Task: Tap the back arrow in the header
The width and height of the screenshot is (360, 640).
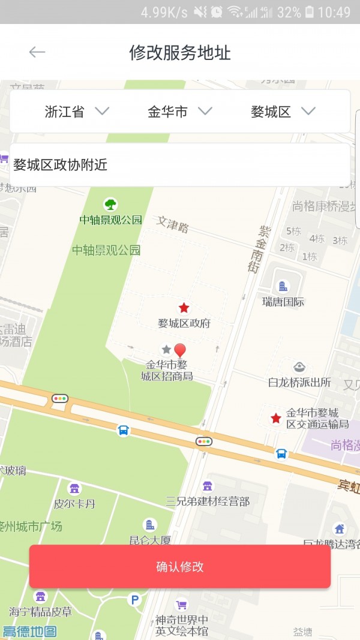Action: [x=37, y=52]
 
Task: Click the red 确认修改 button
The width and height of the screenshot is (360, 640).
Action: [x=180, y=566]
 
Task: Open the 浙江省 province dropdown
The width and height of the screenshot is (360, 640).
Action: [x=77, y=111]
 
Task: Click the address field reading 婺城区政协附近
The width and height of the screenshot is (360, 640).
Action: [x=180, y=164]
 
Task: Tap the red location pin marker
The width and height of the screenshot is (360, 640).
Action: [x=180, y=350]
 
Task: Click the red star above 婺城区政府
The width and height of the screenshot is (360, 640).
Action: [x=184, y=308]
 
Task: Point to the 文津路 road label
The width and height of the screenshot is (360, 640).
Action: [x=173, y=224]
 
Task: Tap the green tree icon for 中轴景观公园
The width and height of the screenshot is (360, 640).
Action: [x=110, y=204]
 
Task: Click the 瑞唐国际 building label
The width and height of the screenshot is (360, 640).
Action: [x=283, y=302]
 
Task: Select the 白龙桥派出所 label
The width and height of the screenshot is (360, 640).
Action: [x=299, y=382]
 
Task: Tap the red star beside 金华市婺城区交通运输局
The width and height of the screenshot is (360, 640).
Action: [x=276, y=418]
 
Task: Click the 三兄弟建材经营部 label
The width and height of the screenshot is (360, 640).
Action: [x=208, y=501]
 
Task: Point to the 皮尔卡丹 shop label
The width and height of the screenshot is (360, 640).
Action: [x=74, y=503]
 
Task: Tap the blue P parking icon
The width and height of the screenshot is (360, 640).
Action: [x=135, y=599]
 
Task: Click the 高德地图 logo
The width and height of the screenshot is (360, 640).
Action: [x=29, y=631]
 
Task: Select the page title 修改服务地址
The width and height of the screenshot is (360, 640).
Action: [x=180, y=53]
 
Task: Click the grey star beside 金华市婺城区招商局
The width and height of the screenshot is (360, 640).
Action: [x=166, y=349]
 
